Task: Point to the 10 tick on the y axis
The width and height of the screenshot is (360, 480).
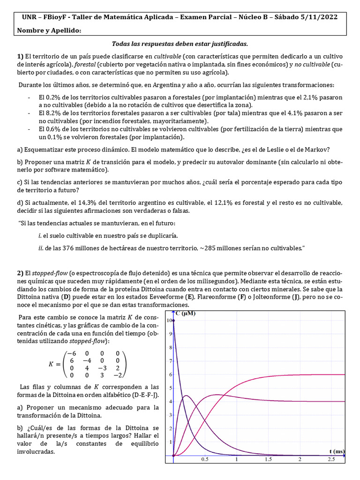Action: tap(170, 320)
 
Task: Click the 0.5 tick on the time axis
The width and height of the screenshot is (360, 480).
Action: tap(205, 460)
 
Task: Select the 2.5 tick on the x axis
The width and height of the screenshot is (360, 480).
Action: tap(331, 460)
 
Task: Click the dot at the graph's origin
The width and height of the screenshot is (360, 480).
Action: tap(174, 456)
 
